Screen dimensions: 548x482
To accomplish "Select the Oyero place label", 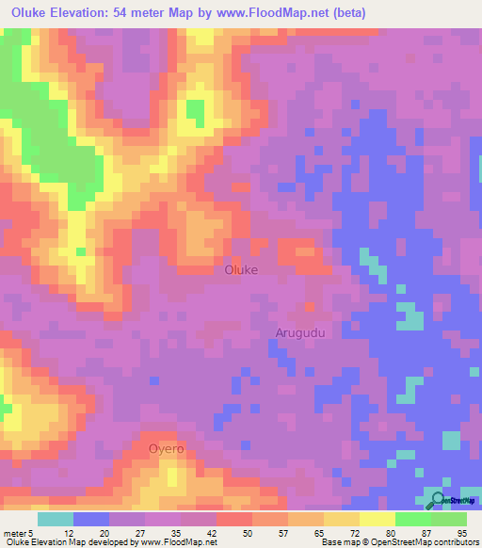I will click(166, 449).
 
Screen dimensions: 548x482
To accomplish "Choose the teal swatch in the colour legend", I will click(56, 519).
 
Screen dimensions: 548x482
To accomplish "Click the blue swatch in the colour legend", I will click(91, 519).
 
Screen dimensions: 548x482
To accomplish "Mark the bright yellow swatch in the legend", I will click(378, 519).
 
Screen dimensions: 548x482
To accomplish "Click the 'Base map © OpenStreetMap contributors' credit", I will click(398, 542).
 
